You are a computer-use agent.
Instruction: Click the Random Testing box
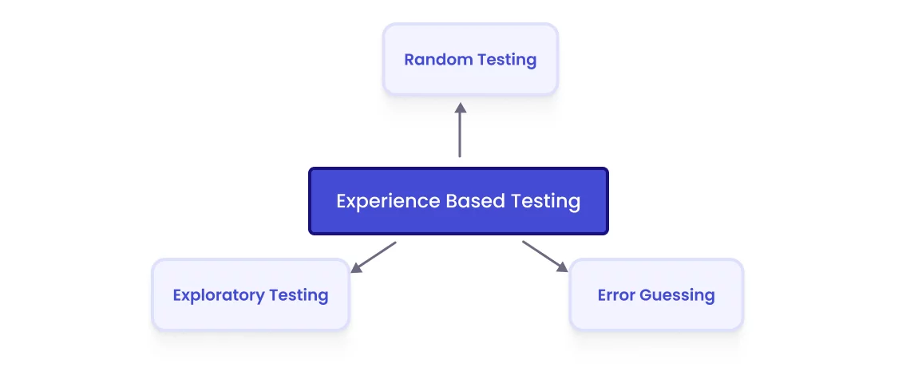click(x=470, y=60)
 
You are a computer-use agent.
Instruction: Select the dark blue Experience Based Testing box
click(x=458, y=201)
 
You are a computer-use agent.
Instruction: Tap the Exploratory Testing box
click(x=251, y=295)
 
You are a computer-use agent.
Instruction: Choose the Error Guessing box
click(x=656, y=295)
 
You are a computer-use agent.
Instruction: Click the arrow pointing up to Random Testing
click(x=460, y=132)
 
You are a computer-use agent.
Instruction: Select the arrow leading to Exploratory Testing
click(x=374, y=257)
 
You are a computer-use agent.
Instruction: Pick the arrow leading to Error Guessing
click(x=544, y=256)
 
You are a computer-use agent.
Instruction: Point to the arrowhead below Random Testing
click(x=460, y=109)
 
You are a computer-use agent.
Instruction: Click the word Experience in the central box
click(x=377, y=201)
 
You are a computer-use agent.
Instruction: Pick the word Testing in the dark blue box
click(x=546, y=202)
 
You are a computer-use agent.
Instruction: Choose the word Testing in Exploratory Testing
click(x=299, y=296)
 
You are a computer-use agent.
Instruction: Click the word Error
click(x=616, y=295)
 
